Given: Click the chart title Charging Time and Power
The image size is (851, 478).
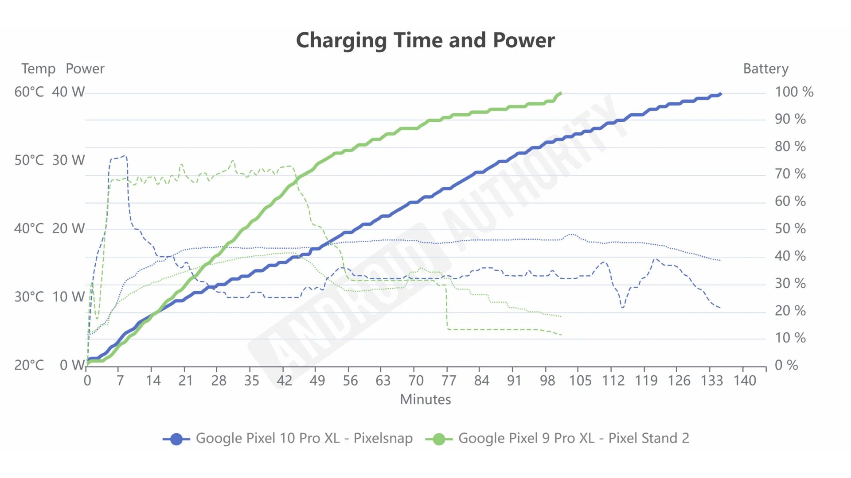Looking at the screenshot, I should [425, 40].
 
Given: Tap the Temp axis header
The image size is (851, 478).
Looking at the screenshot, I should [39, 69].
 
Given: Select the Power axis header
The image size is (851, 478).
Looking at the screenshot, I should [85, 69].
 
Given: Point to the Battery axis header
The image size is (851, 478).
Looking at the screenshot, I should [765, 69].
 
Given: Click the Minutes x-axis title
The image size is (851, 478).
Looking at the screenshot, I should [425, 399].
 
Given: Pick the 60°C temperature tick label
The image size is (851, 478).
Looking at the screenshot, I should [29, 92].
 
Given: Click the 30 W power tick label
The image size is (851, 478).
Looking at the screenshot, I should [68, 160].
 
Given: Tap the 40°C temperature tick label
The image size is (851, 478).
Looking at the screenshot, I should [29, 228].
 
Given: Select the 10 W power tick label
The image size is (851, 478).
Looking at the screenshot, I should [68, 297].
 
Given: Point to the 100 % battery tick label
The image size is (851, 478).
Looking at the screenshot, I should [794, 92].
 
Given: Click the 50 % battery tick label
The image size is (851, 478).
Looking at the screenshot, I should [790, 228].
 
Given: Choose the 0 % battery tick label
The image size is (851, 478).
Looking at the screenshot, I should [786, 365].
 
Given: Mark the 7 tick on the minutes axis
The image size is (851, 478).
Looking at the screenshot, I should [120, 380].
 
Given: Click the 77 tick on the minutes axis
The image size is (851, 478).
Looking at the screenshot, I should [449, 380].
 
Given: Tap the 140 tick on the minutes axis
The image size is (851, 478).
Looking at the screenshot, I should [745, 380].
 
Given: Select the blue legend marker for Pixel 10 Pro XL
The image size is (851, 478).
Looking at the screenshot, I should [176, 439].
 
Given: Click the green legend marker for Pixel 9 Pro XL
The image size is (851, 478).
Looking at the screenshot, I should [439, 439].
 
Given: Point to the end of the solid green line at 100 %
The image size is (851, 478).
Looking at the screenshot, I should [561, 93].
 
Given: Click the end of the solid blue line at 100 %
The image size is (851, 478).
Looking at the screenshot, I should [721, 94].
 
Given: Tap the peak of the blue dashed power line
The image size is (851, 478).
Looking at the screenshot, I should [125, 156].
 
